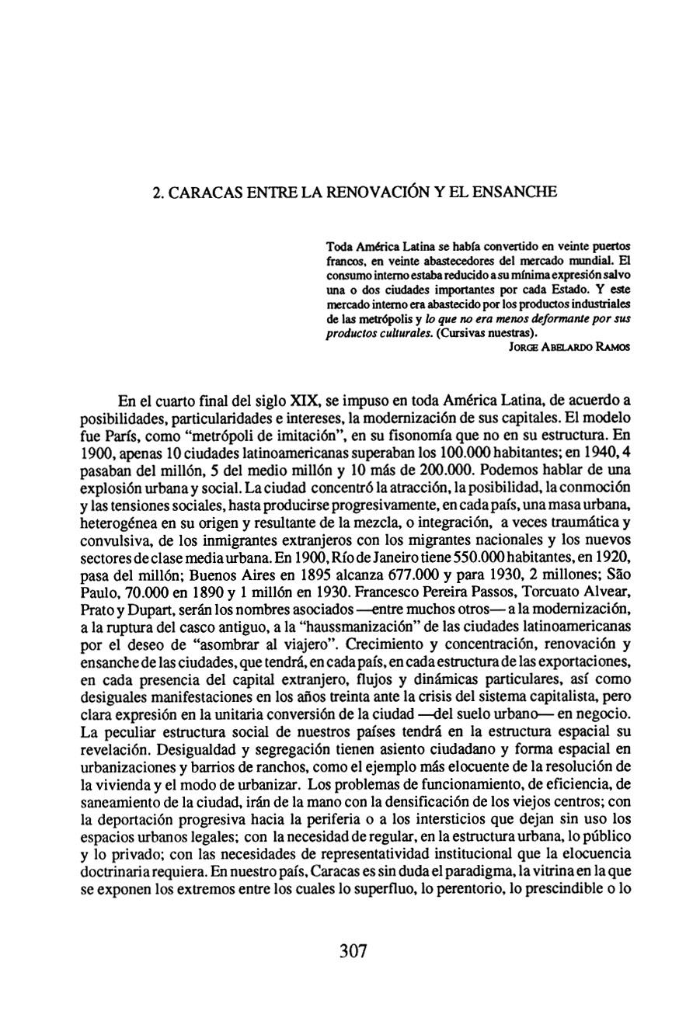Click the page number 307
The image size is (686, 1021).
click(x=353, y=951)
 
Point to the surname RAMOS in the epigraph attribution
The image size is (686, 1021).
click(x=611, y=349)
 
